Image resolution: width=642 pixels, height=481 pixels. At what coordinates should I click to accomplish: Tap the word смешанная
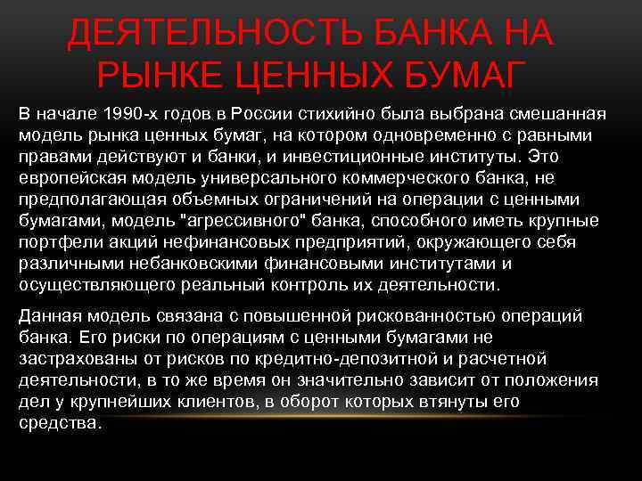[556, 115]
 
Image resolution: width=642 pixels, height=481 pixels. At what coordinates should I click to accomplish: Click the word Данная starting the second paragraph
[48, 316]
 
